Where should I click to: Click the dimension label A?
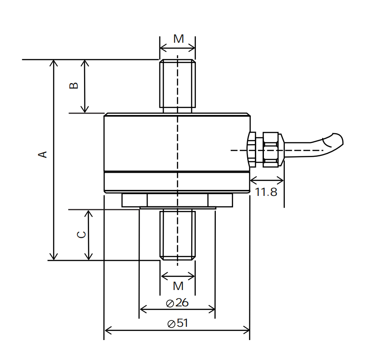coord(43,155)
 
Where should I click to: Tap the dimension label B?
coord(74,85)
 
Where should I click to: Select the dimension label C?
coord(81,235)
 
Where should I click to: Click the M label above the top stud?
coord(179,39)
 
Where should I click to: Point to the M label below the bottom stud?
coord(178,286)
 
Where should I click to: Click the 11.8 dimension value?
coord(266,192)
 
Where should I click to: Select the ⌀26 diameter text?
coord(178,303)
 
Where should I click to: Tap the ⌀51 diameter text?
coord(178,323)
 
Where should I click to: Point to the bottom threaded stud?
coord(178,235)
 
